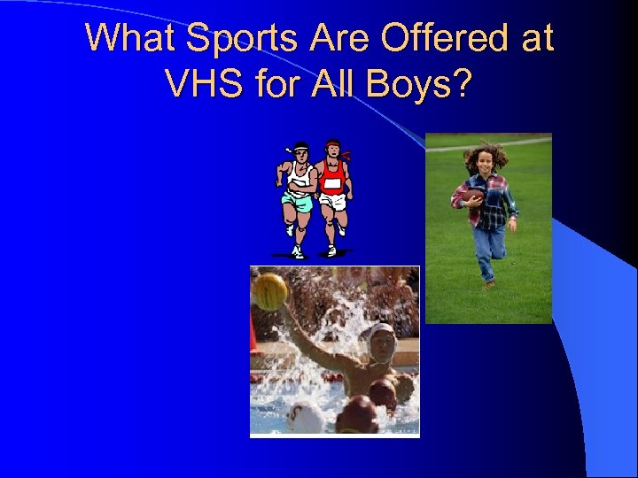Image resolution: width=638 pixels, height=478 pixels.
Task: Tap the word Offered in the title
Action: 447,38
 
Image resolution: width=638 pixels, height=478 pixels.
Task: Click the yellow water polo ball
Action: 270,290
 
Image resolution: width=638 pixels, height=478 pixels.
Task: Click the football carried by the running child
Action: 474,197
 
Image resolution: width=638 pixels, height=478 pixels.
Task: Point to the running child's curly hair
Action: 486,155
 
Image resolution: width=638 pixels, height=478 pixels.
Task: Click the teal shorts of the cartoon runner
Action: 298,202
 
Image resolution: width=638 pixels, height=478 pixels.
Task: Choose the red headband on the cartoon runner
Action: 334,144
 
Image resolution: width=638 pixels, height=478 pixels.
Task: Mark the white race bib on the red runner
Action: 331,183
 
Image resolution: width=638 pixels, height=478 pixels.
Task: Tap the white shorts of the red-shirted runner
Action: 333,201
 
